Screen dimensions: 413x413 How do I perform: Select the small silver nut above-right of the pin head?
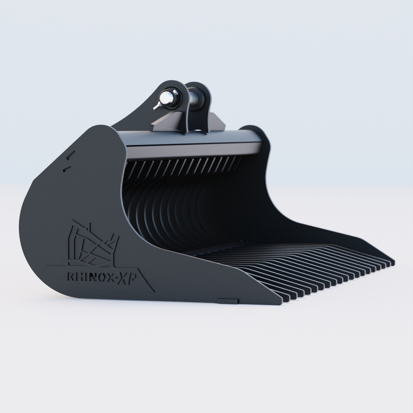[175, 92]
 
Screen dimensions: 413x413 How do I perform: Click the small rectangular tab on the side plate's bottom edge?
[228, 301]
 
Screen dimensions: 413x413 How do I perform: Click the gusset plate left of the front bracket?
[161, 123]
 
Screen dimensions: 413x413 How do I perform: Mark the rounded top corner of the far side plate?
[254, 131]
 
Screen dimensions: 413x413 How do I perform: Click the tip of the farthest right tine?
[392, 263]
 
